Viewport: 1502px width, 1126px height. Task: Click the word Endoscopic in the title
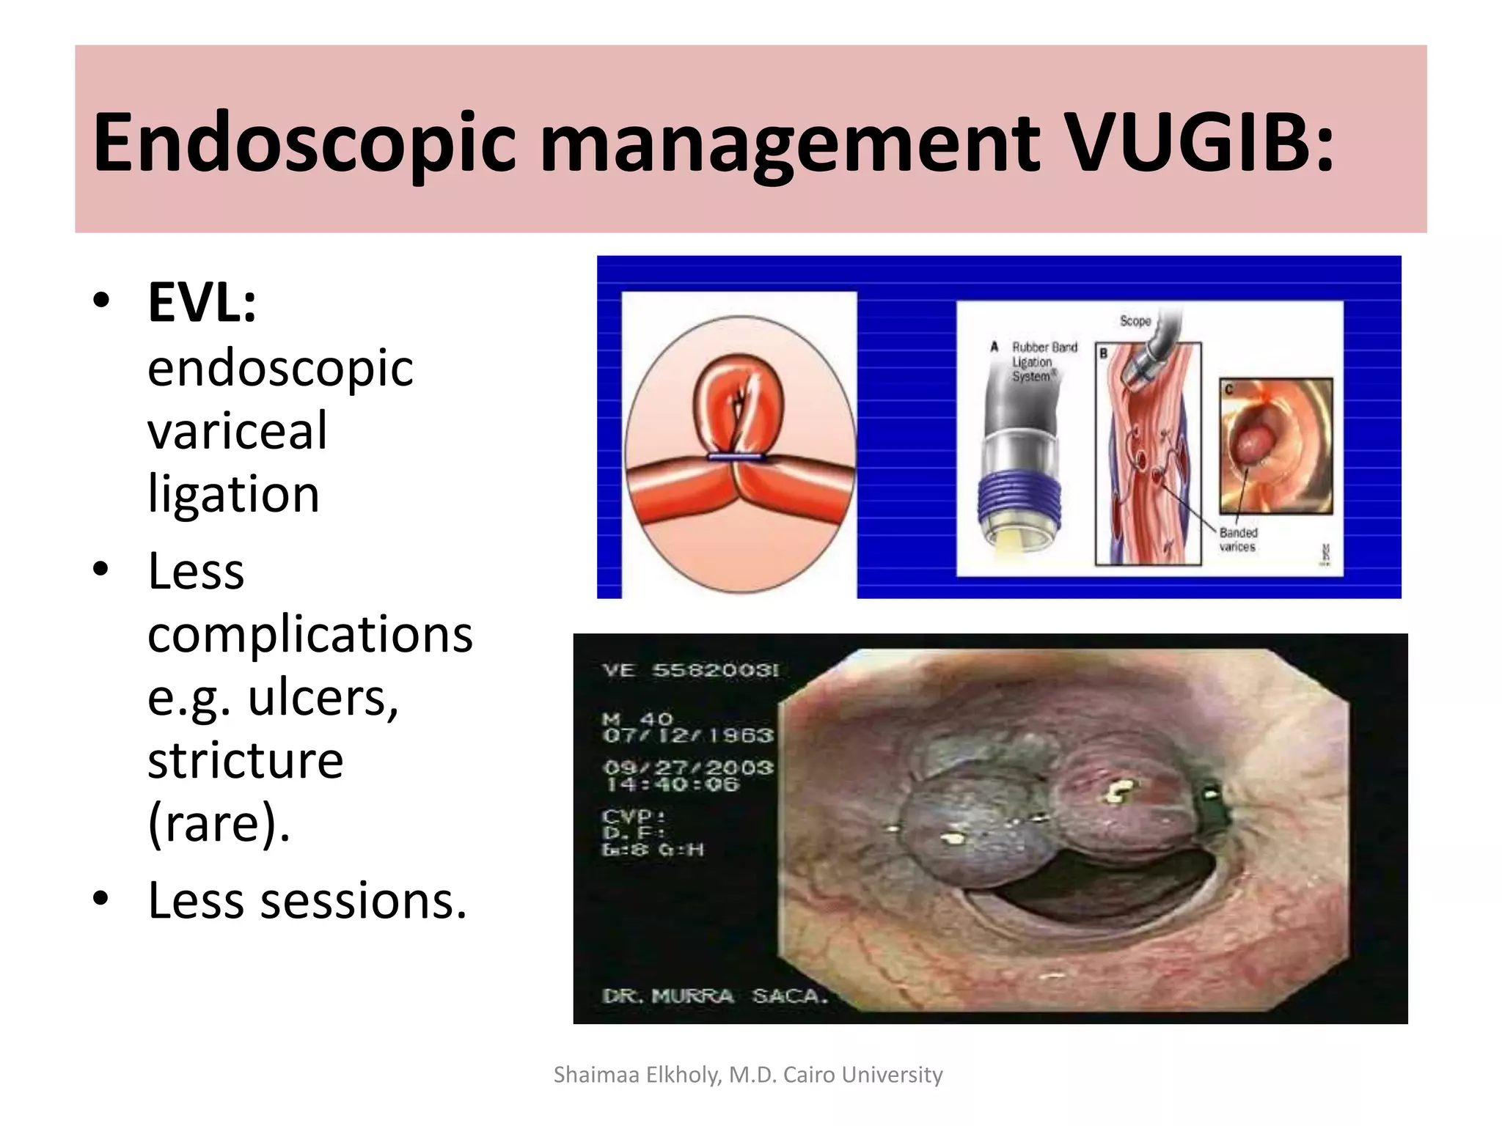pyautogui.click(x=304, y=143)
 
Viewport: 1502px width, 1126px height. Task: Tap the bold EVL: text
pyautogui.click(x=202, y=302)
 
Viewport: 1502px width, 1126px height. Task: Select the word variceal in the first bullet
pyautogui.click(x=237, y=430)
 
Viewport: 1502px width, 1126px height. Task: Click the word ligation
pyautogui.click(x=233, y=493)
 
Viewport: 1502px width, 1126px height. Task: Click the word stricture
pyautogui.click(x=245, y=760)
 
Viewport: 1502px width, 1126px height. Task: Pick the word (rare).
pyautogui.click(x=219, y=823)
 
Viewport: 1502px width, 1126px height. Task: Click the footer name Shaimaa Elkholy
pyautogui.click(x=637, y=1075)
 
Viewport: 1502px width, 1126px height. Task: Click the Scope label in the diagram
pyautogui.click(x=1135, y=321)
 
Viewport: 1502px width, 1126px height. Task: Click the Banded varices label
pyautogui.click(x=1238, y=540)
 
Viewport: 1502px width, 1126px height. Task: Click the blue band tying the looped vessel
pyautogui.click(x=736, y=457)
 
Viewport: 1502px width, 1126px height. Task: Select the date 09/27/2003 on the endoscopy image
pyautogui.click(x=688, y=768)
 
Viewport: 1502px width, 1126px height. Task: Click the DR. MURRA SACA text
pyautogui.click(x=714, y=996)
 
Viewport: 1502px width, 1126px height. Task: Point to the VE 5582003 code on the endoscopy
pyautogui.click(x=689, y=670)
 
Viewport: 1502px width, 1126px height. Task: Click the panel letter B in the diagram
pyautogui.click(x=1103, y=353)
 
